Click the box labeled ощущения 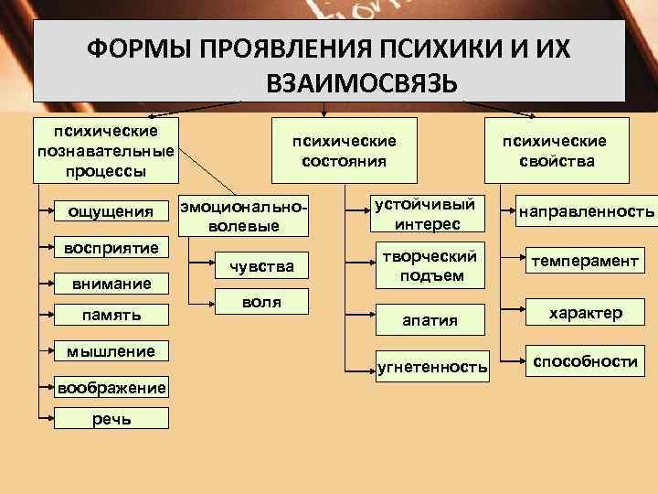coord(111,212)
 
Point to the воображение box coord(111,387)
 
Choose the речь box coord(111,418)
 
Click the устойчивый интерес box coord(430,213)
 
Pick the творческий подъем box coord(430,264)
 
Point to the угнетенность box coord(432,367)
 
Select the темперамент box coord(586,262)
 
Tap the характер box coord(586,313)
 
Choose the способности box coord(586,361)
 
